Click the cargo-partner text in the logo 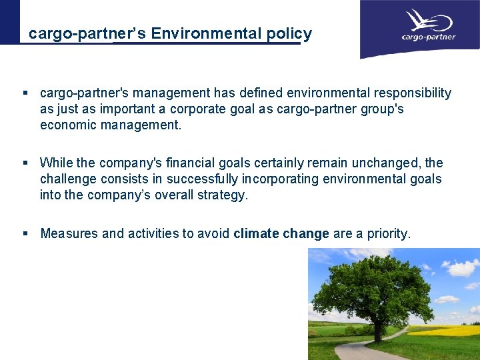click(429, 37)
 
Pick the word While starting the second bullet click(57, 163)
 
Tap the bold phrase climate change click(281, 233)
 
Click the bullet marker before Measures click(25, 233)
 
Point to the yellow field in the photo click(447, 330)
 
